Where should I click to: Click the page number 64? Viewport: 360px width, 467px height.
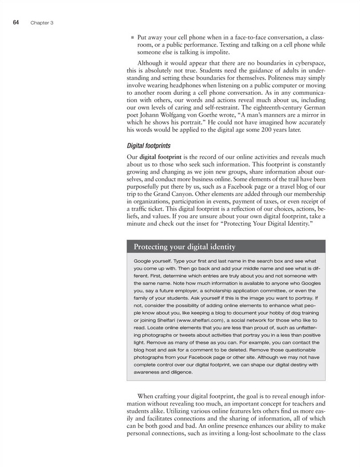(x=16, y=22)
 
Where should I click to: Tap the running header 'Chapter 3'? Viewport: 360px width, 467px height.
(x=42, y=23)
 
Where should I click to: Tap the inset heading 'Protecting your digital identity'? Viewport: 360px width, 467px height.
(x=184, y=247)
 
